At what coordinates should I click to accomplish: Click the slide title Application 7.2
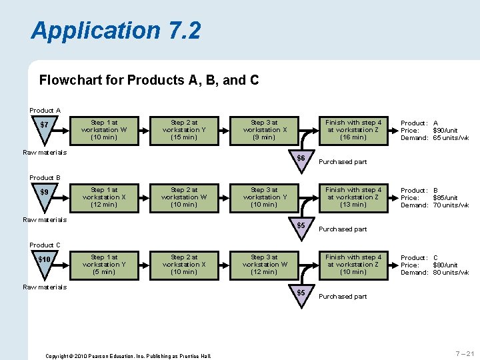115,31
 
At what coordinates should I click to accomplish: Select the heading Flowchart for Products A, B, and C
149,81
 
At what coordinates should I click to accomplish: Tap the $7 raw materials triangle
44,127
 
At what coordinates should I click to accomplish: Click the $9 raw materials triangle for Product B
44,195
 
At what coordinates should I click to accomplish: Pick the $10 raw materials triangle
44,262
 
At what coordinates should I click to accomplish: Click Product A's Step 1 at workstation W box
104,130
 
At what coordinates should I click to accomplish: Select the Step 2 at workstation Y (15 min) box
184,130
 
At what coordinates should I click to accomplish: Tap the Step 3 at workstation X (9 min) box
264,130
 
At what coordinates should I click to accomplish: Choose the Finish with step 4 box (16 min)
353,130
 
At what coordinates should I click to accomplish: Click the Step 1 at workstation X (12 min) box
104,197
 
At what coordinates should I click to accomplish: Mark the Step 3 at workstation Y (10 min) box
264,197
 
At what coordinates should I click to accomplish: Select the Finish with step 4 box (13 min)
353,197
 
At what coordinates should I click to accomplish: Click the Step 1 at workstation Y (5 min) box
104,265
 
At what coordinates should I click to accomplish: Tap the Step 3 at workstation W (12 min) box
264,265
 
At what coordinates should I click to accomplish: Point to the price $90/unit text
445,131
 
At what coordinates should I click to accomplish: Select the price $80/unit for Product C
445,265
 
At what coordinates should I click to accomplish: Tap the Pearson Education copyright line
128,356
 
